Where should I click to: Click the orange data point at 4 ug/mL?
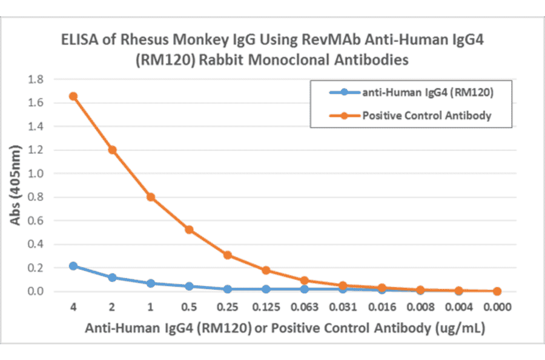(73, 96)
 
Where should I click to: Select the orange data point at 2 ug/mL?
(112, 150)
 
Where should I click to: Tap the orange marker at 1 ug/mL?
(150, 197)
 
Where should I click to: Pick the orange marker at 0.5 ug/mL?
(189, 230)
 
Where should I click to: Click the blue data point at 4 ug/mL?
(73, 266)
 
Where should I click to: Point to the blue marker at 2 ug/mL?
(112, 278)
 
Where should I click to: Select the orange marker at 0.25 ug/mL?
(228, 255)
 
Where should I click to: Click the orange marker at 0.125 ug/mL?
(266, 270)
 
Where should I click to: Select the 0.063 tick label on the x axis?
(305, 308)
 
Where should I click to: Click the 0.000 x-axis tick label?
(497, 308)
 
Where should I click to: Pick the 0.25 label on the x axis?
(228, 308)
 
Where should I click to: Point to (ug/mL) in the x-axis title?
(461, 328)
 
